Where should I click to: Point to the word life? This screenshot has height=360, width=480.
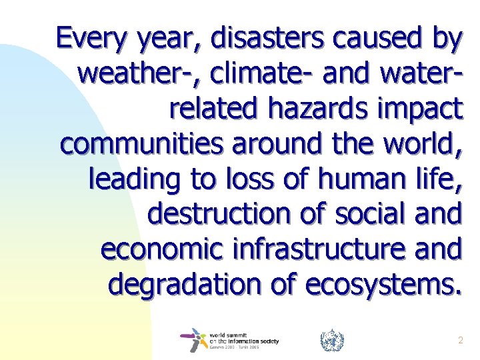pos(438,178)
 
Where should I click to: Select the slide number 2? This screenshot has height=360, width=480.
pos(460,341)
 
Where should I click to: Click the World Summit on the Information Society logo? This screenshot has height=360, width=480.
pos(230,340)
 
